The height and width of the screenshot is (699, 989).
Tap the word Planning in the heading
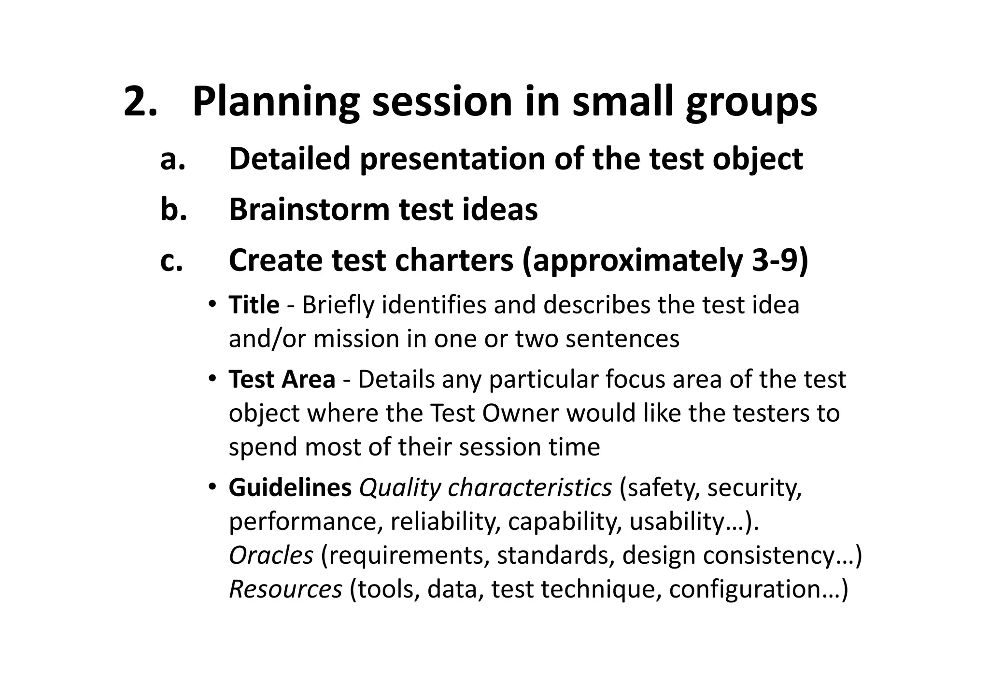(276, 102)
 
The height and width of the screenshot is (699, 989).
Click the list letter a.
(172, 159)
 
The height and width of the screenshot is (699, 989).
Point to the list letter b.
(173, 210)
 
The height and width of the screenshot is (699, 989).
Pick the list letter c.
(172, 261)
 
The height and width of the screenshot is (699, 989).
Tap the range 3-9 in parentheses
(772, 261)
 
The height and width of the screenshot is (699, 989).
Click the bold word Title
(254, 305)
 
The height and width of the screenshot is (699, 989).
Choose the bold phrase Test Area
(282, 379)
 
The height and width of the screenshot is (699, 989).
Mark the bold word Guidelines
(290, 488)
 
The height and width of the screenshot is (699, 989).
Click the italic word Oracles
(271, 556)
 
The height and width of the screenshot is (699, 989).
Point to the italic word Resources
(285, 589)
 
